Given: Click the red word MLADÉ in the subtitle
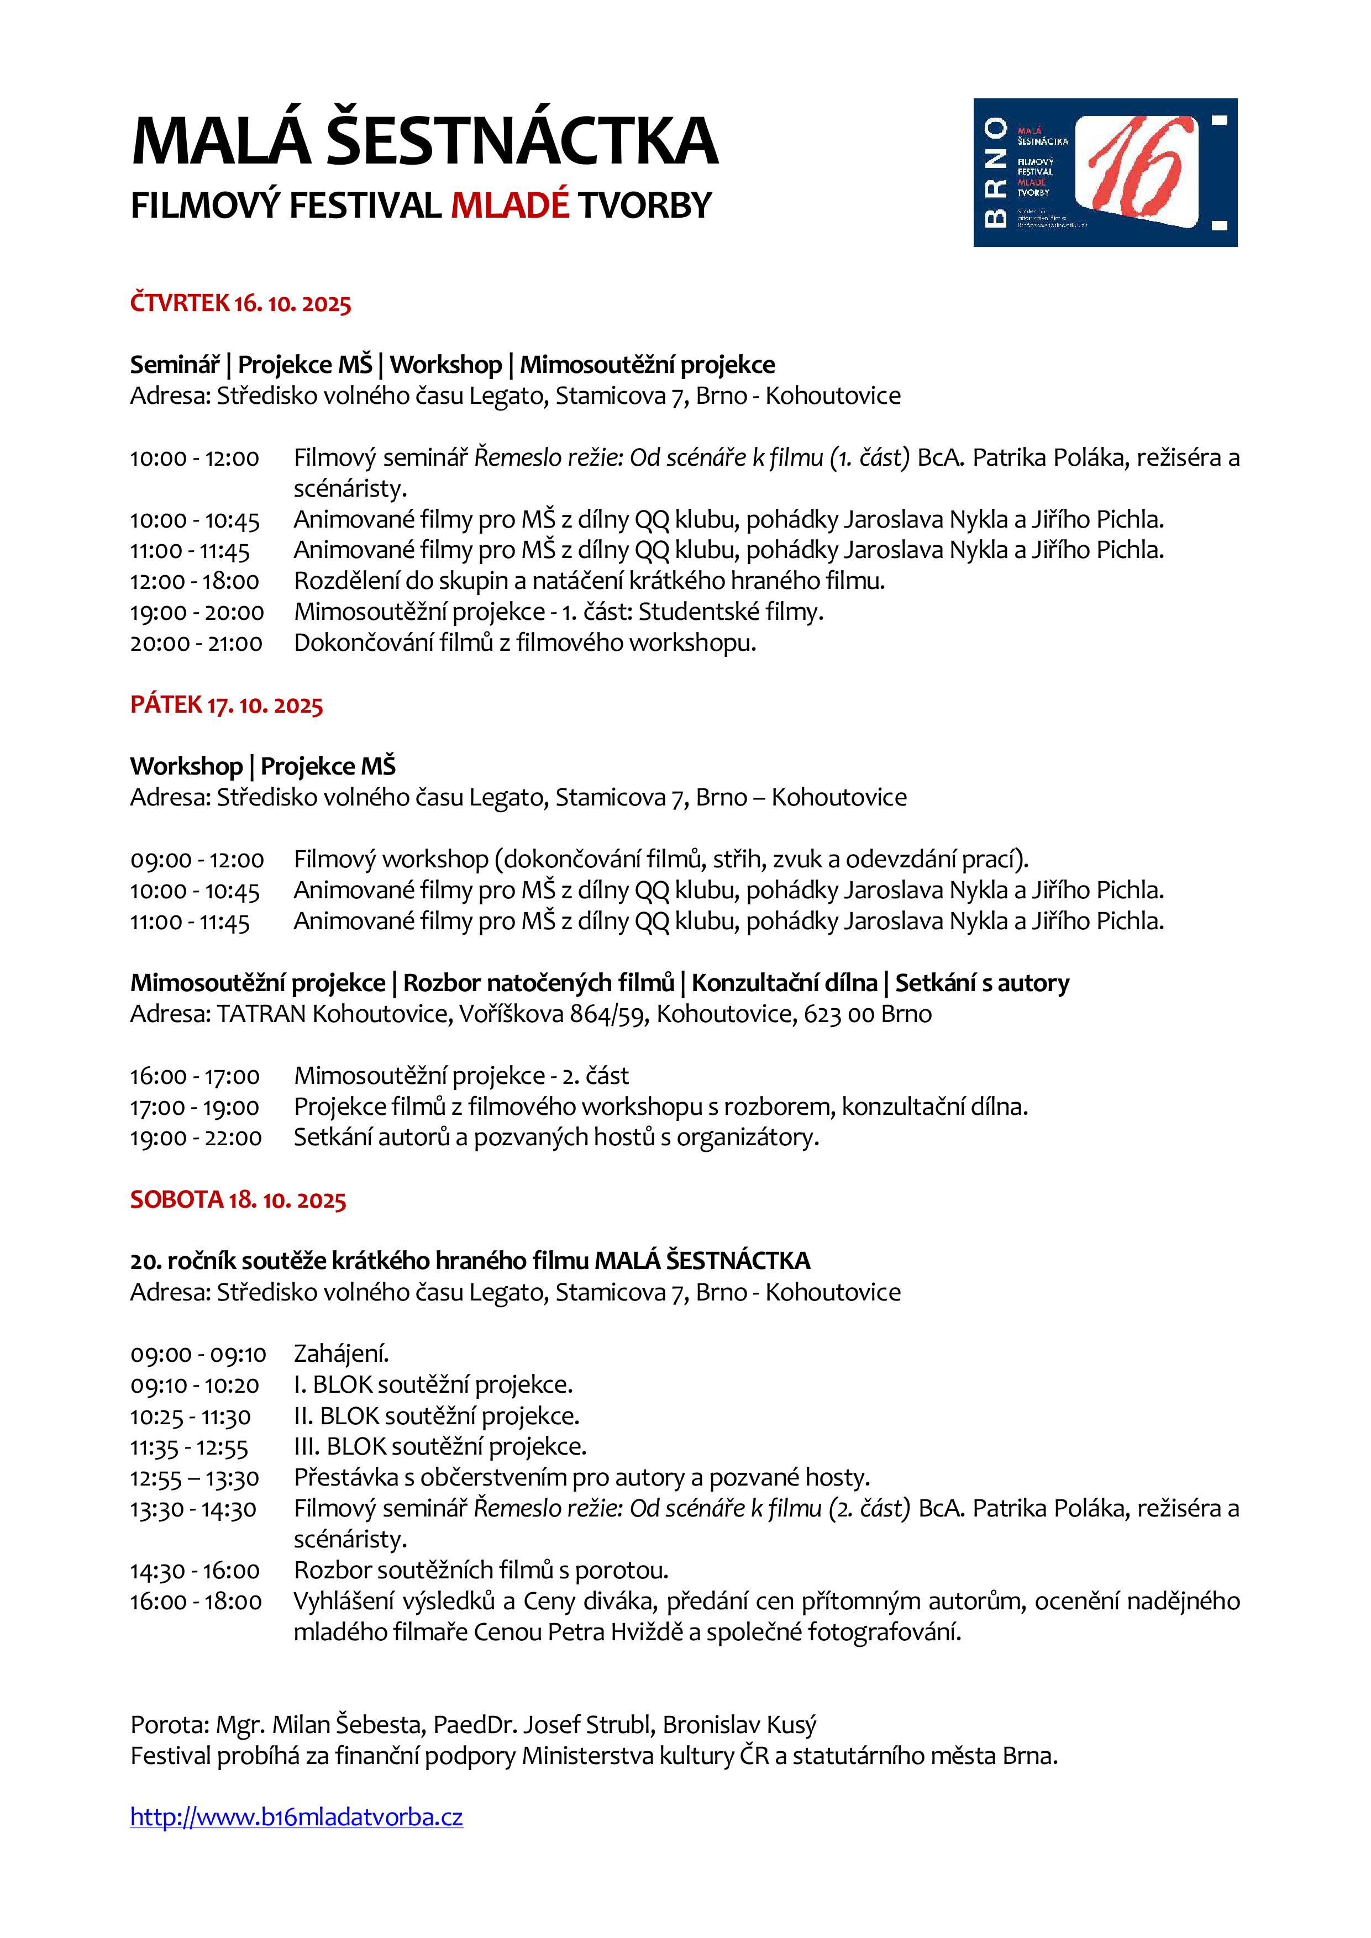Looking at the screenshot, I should tap(510, 205).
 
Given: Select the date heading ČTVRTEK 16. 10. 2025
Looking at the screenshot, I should tap(240, 303).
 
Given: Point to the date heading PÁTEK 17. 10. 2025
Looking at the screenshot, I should tap(226, 705).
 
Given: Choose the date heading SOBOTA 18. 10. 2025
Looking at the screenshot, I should tap(238, 1199).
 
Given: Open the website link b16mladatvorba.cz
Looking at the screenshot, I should tap(296, 1816).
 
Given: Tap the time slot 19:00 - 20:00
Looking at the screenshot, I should tap(197, 613).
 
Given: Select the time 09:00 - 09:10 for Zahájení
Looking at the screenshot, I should tap(197, 1355).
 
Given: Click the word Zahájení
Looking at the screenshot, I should tap(341, 1354).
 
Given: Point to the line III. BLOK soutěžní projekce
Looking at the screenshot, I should tap(440, 1447).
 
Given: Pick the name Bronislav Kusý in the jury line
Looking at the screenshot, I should tap(739, 1724).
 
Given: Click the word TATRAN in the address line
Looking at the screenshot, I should tap(261, 1014).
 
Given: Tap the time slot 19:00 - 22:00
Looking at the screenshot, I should tap(196, 1139).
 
